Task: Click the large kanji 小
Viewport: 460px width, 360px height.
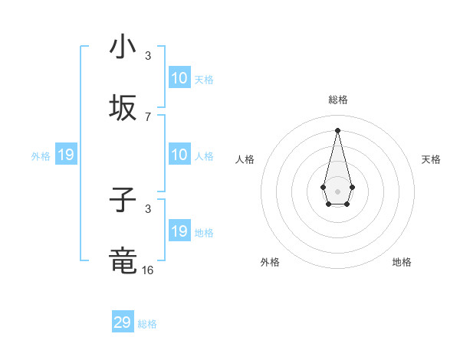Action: [x=123, y=47]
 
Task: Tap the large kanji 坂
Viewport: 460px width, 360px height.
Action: [x=123, y=109]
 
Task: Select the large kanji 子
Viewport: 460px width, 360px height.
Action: [x=123, y=201]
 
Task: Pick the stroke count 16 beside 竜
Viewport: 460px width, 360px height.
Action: [x=148, y=270]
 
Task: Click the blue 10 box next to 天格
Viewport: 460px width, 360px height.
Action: [x=179, y=78]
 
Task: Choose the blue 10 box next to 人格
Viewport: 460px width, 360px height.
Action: [x=179, y=155]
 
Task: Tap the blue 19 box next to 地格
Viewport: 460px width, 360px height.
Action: [x=179, y=231]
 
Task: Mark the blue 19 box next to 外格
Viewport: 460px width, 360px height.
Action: [x=66, y=155]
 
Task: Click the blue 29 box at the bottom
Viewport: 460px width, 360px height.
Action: [x=123, y=322]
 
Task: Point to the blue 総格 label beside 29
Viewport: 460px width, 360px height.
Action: [x=147, y=324]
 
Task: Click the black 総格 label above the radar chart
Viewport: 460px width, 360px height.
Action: [x=337, y=100]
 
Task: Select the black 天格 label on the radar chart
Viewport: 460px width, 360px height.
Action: [x=431, y=159]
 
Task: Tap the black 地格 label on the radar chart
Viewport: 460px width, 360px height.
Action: [x=402, y=262]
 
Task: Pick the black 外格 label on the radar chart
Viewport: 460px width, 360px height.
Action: [x=270, y=262]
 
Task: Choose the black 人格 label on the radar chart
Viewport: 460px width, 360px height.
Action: [x=245, y=159]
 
